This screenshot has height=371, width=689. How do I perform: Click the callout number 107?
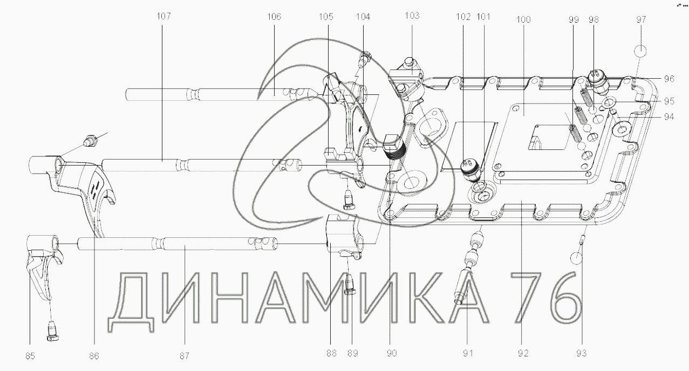[x=163, y=16]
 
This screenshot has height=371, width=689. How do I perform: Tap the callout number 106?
[x=274, y=17]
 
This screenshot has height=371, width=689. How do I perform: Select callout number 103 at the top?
[x=412, y=16]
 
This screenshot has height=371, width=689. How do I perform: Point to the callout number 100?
[x=523, y=19]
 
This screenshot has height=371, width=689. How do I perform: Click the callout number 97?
[x=641, y=19]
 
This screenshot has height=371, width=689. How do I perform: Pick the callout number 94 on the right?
[x=669, y=117]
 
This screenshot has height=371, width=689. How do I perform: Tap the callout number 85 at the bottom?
[x=30, y=356]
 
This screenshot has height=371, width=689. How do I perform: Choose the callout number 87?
[x=185, y=356]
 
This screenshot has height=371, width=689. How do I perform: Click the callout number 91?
[x=468, y=354]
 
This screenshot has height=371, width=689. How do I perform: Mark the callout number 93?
[x=582, y=354]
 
